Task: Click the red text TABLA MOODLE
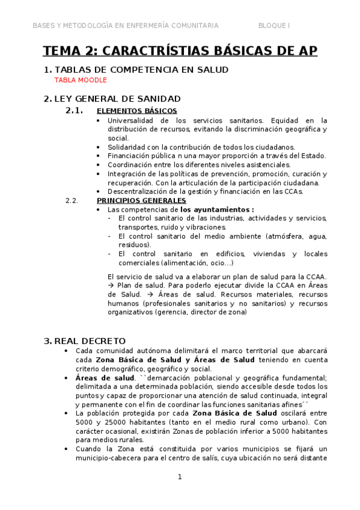(x=81, y=80)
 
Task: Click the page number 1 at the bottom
(x=179, y=477)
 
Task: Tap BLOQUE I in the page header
(x=274, y=25)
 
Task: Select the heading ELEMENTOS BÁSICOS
(x=136, y=111)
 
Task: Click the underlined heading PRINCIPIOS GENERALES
(x=141, y=200)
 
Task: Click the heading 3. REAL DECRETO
(x=85, y=340)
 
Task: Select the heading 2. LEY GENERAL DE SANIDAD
(x=112, y=99)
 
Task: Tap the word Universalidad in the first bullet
(x=132, y=120)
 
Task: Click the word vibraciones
(x=205, y=227)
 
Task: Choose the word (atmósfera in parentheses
(x=263, y=236)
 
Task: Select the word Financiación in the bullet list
(x=128, y=156)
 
